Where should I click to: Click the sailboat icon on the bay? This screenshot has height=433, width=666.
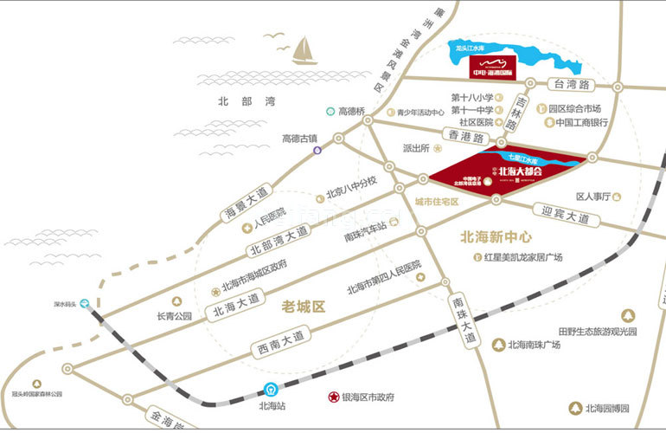pyautogui.click(x=304, y=52)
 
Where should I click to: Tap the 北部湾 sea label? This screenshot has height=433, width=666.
pyautogui.click(x=247, y=101)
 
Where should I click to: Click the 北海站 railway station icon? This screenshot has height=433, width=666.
pyautogui.click(x=271, y=390)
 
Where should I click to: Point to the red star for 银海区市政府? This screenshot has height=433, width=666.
pyautogui.click(x=332, y=397)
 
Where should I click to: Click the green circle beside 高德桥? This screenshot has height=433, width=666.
pyautogui.click(x=330, y=112)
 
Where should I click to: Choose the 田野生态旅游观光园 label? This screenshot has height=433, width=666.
pyautogui.click(x=597, y=332)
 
